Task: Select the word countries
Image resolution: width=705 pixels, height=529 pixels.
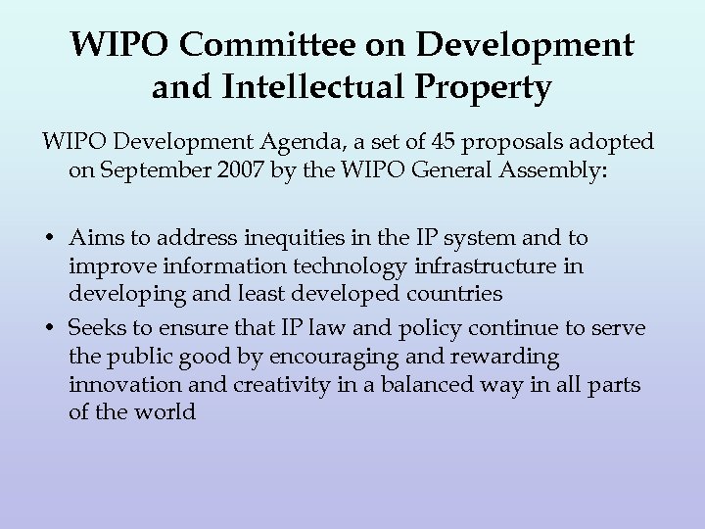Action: click(454, 292)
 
